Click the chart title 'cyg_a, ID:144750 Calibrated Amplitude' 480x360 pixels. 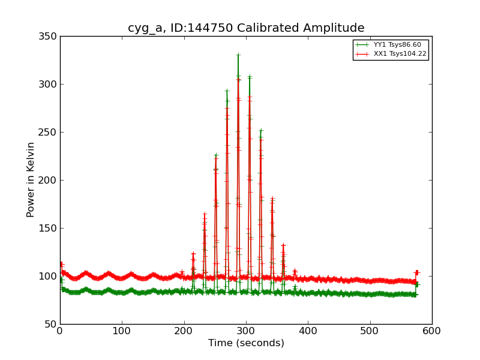(x=246, y=28)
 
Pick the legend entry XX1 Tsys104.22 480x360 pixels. (x=400, y=54)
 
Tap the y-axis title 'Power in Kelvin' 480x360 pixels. (x=31, y=179)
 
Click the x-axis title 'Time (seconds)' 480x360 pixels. (x=246, y=343)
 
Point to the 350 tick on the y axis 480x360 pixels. (x=49, y=36)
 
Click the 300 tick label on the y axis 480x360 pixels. (x=49, y=84)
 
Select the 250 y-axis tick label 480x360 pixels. (x=49, y=132)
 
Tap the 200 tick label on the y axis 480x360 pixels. (x=49, y=180)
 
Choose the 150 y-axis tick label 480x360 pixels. (x=49, y=228)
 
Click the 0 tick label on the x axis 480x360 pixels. (x=60, y=331)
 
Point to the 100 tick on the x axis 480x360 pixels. (x=122, y=331)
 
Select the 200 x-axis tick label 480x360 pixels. (x=184, y=331)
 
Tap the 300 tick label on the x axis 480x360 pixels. (x=246, y=331)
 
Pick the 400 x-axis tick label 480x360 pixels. (x=308, y=331)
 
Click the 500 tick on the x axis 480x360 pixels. (x=370, y=331)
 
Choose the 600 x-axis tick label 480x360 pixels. (x=432, y=331)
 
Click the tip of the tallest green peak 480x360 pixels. (x=238, y=55)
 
